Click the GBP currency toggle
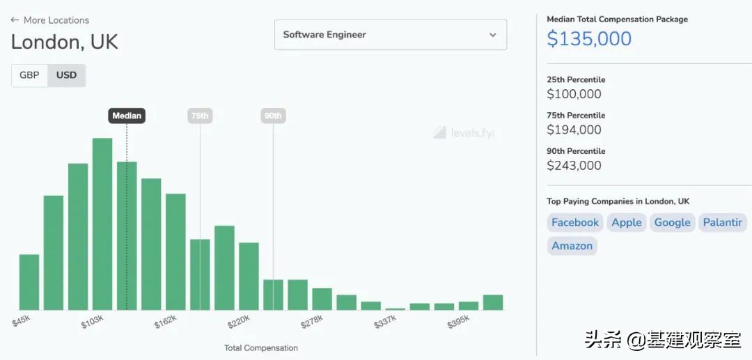point(29,75)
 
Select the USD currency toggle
point(66,75)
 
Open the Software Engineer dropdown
point(391,35)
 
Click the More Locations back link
point(50,20)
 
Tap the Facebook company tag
point(574,223)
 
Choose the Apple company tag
point(627,223)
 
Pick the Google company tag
point(672,223)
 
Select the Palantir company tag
point(722,223)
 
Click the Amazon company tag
point(572,246)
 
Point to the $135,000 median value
point(589,39)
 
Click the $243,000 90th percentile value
point(574,166)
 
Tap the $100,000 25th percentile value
point(574,94)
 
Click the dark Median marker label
point(127,116)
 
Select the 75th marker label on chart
point(200,116)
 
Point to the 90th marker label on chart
point(273,116)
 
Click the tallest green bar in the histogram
point(102,223)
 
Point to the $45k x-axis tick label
point(22,321)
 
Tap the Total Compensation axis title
point(260,347)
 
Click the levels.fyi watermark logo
point(464,132)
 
